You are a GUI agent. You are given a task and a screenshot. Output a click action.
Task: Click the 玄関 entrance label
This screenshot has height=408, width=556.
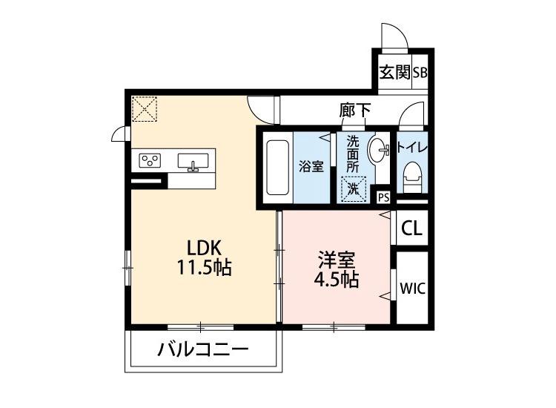pos(395,73)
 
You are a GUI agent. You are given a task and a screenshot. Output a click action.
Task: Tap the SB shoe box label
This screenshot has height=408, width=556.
pos(420,73)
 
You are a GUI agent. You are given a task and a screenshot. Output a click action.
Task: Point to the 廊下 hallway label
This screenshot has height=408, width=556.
pos(355,111)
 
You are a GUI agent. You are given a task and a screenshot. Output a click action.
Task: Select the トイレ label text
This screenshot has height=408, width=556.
pos(411,146)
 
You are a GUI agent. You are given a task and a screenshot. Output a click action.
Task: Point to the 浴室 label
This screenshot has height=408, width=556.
pos(311,165)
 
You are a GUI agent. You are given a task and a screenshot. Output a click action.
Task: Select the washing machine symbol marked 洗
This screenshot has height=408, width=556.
pos(353,189)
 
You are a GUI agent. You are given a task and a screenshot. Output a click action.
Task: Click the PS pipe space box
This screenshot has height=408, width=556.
pos(383,197)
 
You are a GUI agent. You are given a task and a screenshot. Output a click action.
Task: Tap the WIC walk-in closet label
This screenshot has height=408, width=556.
pos(412,289)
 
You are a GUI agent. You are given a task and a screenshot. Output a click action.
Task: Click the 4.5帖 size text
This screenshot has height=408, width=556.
pos(337,280)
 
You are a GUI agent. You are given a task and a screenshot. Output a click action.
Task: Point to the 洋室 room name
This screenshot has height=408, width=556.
pos(337,260)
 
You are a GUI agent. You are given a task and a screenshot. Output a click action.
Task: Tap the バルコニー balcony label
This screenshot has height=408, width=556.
pos(202,349)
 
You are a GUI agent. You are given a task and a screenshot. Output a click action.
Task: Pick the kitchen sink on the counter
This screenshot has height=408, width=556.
pos(194,160)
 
